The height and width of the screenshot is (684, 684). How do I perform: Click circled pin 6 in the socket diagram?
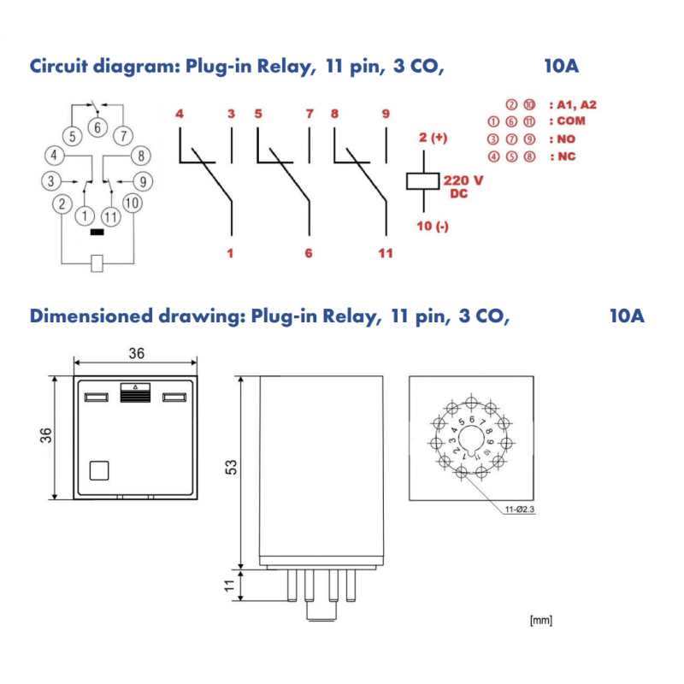coord(97,129)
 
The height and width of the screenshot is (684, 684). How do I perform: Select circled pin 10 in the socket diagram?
coord(131,203)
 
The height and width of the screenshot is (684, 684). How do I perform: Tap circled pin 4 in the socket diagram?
coord(54,156)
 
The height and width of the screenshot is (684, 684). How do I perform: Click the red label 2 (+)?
coord(433,138)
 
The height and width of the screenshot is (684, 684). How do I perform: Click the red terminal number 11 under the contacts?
coord(386,253)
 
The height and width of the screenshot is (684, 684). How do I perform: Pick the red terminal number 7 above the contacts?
coord(309,114)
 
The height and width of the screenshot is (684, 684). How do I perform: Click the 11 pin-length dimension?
coord(229,587)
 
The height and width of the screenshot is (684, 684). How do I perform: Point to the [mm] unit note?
coord(540,620)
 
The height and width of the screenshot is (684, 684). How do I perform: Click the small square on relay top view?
coord(99,469)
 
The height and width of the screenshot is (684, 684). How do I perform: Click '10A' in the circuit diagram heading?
coord(561,66)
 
